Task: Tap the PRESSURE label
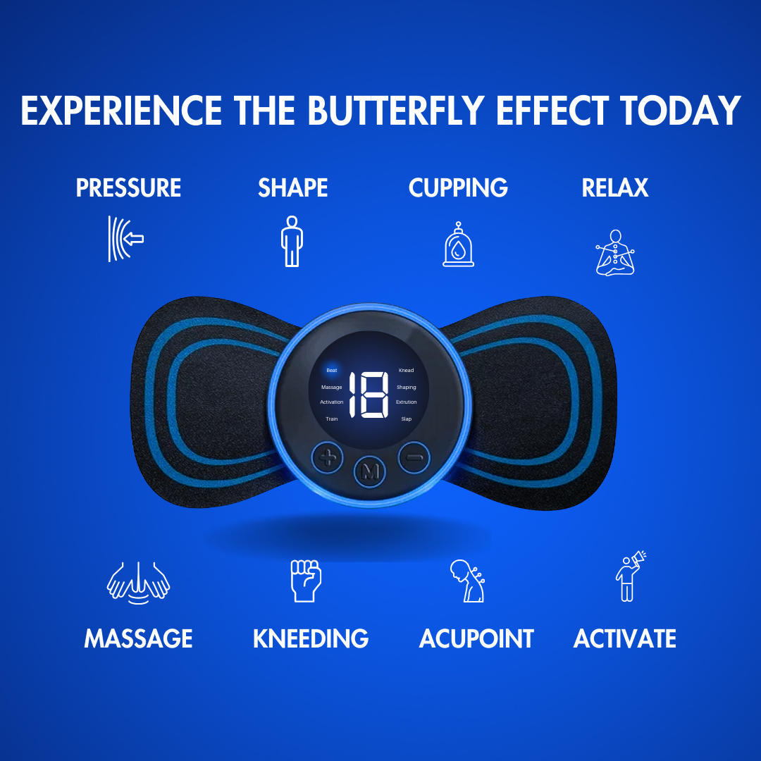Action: click(x=128, y=188)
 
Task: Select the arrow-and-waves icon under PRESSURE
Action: click(x=126, y=239)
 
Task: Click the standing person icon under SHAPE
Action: click(x=292, y=241)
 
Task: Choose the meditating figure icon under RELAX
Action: click(x=615, y=252)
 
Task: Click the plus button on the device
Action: click(x=327, y=459)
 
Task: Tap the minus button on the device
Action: click(x=414, y=458)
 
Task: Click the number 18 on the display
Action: click(x=369, y=395)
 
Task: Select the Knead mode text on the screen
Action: click(x=406, y=371)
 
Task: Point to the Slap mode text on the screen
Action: click(x=406, y=419)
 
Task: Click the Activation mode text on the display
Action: click(x=331, y=402)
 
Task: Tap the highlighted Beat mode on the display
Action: click(x=331, y=370)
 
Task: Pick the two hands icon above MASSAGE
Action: click(x=138, y=582)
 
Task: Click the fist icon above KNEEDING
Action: click(x=305, y=581)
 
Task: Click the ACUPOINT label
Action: click(x=476, y=639)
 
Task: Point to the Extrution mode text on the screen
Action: click(x=407, y=402)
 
